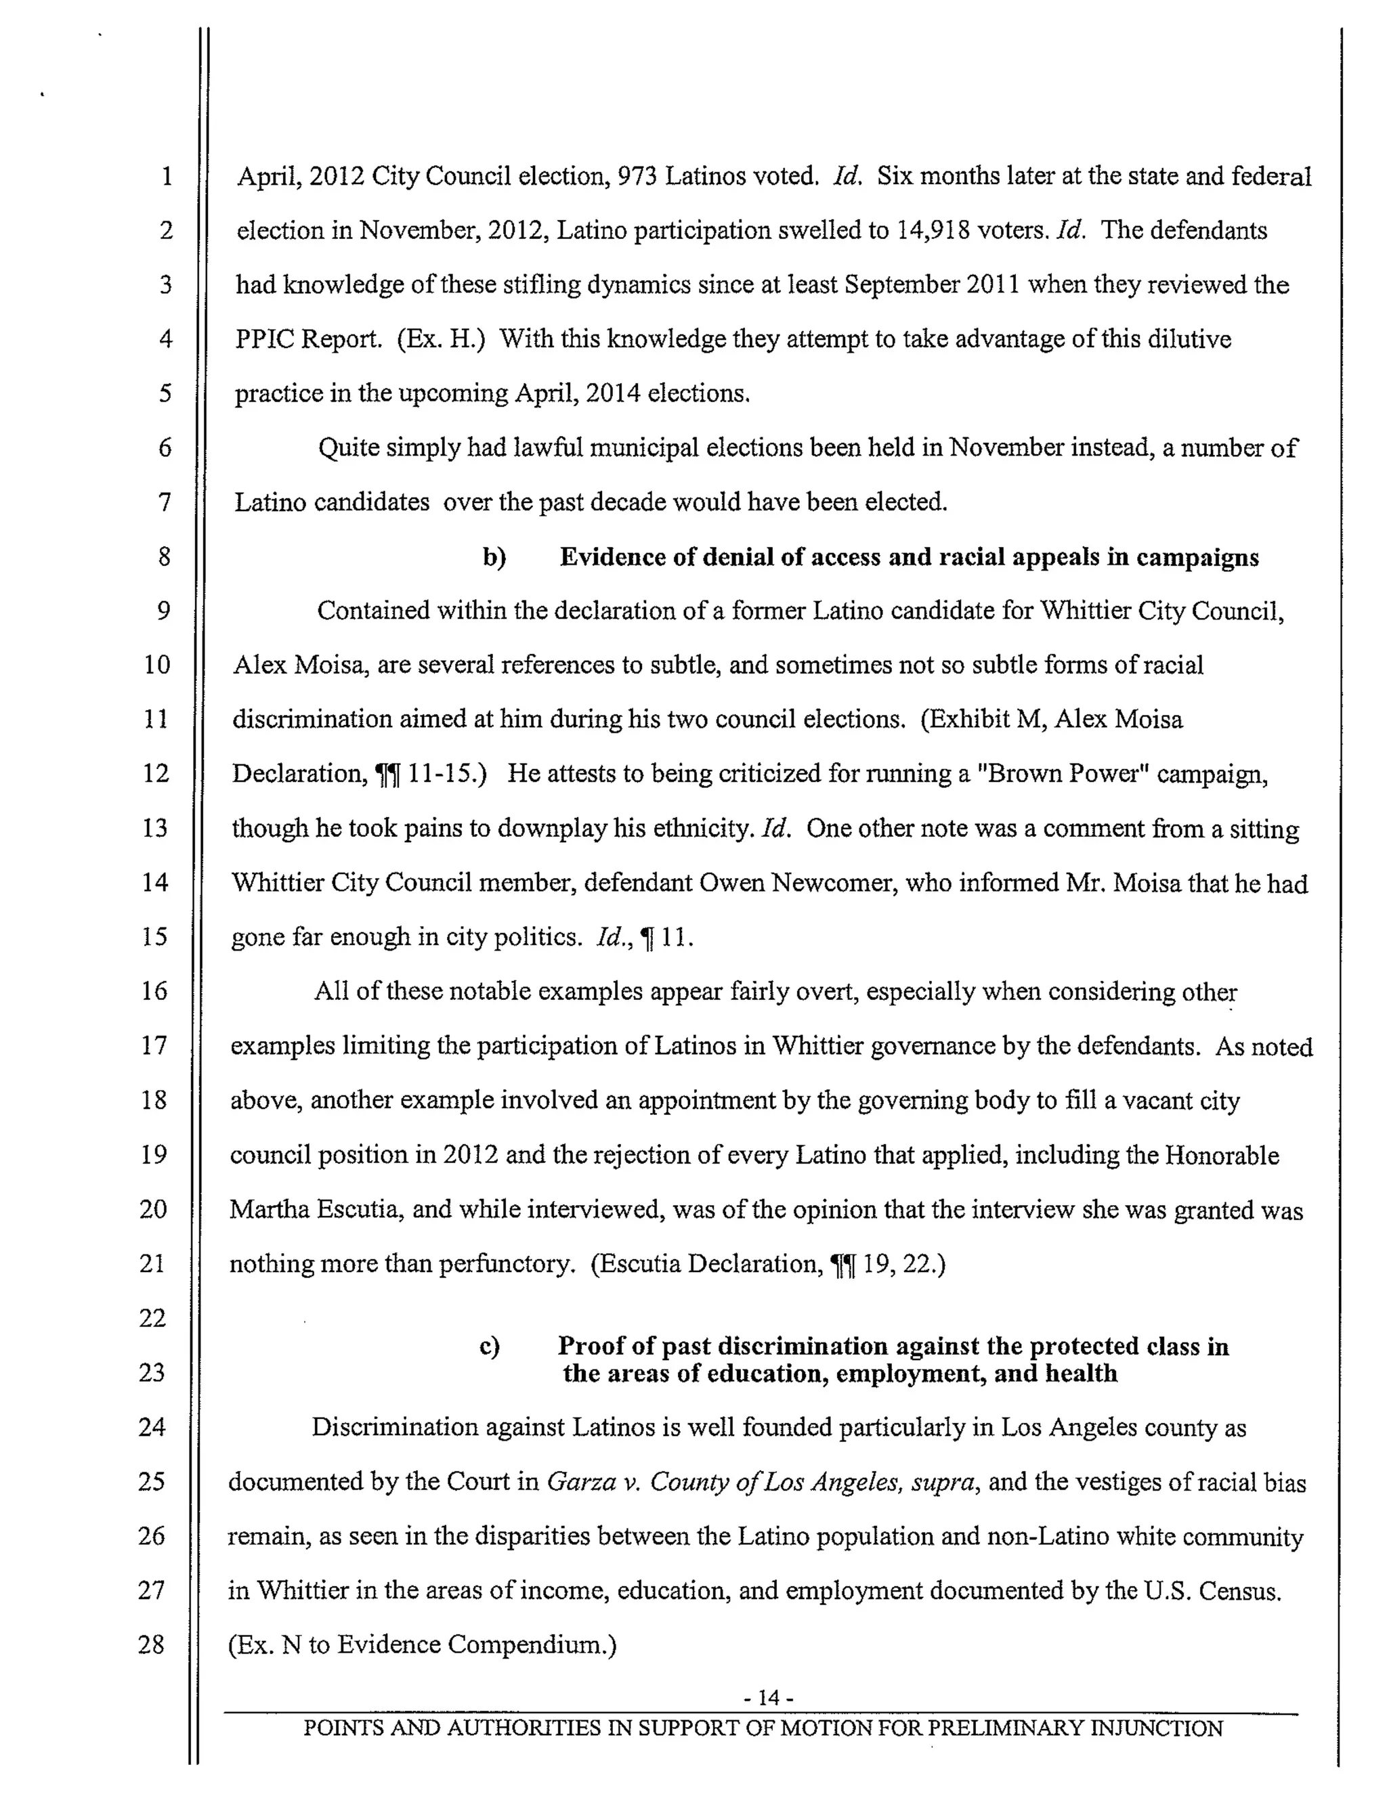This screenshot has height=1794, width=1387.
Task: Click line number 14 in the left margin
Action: [x=154, y=882]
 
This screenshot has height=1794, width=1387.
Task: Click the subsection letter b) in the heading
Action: [x=494, y=557]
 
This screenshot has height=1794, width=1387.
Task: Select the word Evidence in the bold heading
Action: [x=613, y=557]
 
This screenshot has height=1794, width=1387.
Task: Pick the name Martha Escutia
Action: [x=316, y=1209]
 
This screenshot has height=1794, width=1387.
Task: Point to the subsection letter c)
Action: [x=490, y=1347]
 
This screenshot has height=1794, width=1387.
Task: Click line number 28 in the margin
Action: [x=151, y=1644]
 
